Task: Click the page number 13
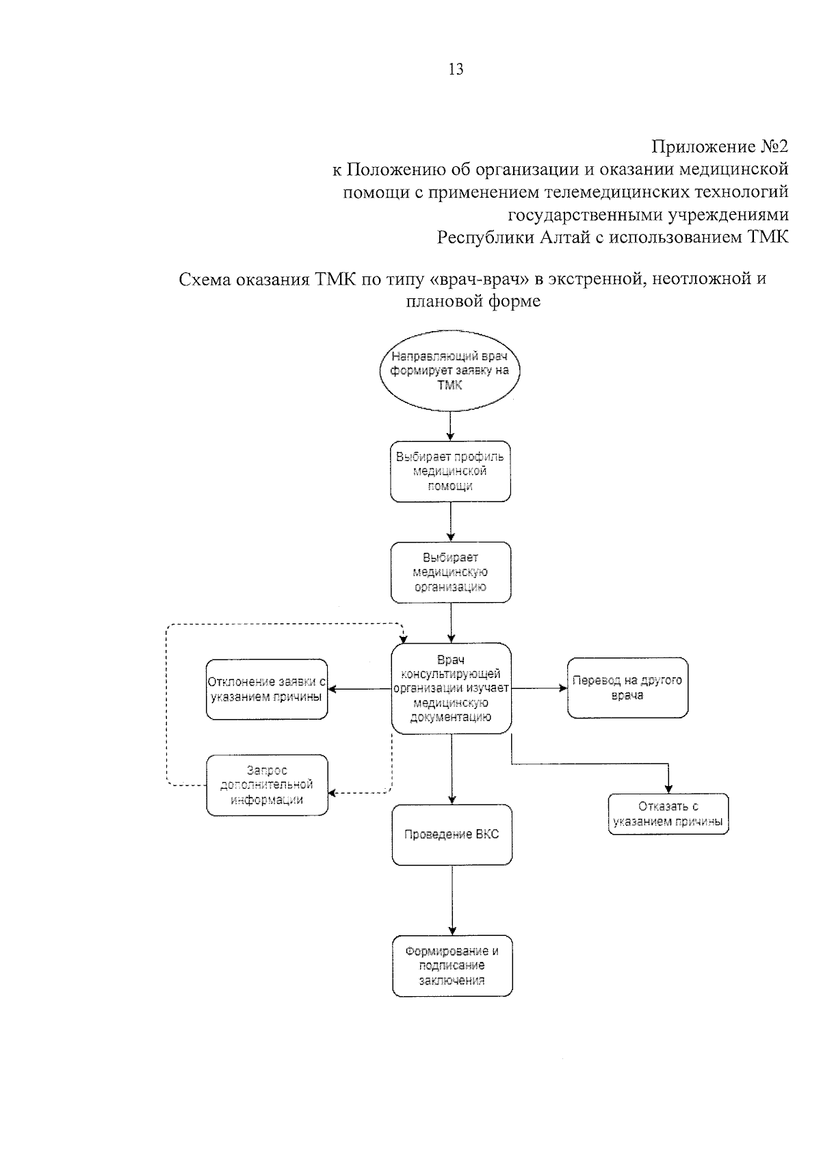(455, 69)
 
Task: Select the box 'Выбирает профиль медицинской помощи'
(450, 471)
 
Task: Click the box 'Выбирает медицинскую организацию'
(450, 572)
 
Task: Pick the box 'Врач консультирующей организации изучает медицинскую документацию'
(451, 688)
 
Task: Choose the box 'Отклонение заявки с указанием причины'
(267, 689)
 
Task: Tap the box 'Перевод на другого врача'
(627, 688)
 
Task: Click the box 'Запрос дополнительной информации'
(267, 785)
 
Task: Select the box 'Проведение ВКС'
(452, 835)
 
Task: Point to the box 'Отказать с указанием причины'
(668, 814)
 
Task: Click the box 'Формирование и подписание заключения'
(452, 965)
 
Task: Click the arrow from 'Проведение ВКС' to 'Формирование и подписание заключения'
(452, 900)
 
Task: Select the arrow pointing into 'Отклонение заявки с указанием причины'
(359, 689)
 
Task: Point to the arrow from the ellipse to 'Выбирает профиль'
(450, 426)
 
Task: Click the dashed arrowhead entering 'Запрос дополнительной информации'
(333, 793)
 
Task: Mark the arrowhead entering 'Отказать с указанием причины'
(668, 788)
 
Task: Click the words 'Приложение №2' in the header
(720, 146)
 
